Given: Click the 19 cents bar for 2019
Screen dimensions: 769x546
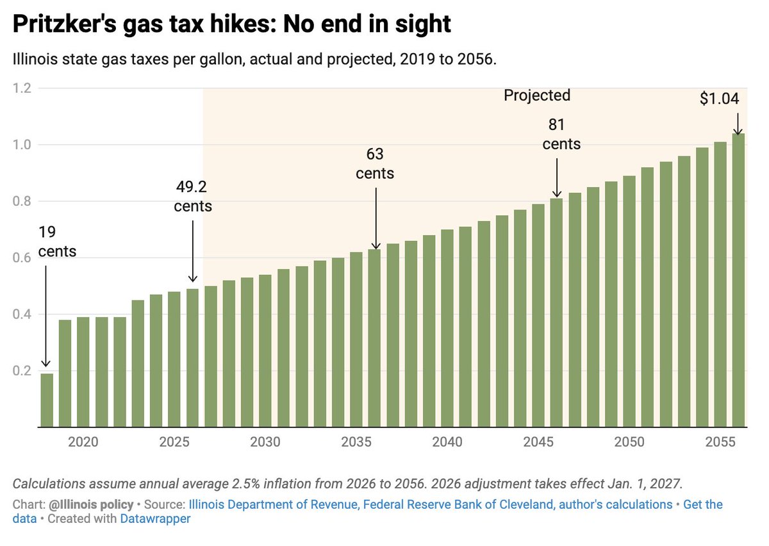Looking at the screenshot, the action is [47, 401].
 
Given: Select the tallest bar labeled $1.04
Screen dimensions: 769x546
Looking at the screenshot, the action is [738, 280].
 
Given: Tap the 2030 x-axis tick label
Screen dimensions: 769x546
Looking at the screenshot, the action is [265, 442].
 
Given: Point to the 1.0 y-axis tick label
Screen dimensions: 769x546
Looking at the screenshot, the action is [22, 145].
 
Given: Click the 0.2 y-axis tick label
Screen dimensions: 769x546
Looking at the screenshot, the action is [22, 370].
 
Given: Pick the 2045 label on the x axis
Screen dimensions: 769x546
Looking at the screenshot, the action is [538, 442].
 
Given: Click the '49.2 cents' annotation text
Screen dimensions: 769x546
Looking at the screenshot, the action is [193, 197].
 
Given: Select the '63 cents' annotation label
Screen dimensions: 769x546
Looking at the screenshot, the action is [375, 163].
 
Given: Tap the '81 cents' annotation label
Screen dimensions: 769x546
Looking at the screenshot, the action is [561, 135].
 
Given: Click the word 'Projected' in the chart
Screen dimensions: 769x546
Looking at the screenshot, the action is [537, 95].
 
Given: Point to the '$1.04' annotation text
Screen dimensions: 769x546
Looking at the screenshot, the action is [719, 99].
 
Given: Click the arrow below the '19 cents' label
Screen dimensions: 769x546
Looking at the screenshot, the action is [45, 317].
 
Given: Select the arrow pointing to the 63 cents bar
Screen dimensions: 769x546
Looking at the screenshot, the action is [376, 219].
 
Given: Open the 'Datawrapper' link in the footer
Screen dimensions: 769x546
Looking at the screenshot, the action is [155, 518].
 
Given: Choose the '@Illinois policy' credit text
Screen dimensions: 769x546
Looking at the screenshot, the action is [91, 504].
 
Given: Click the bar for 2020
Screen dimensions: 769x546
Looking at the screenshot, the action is [65, 374].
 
